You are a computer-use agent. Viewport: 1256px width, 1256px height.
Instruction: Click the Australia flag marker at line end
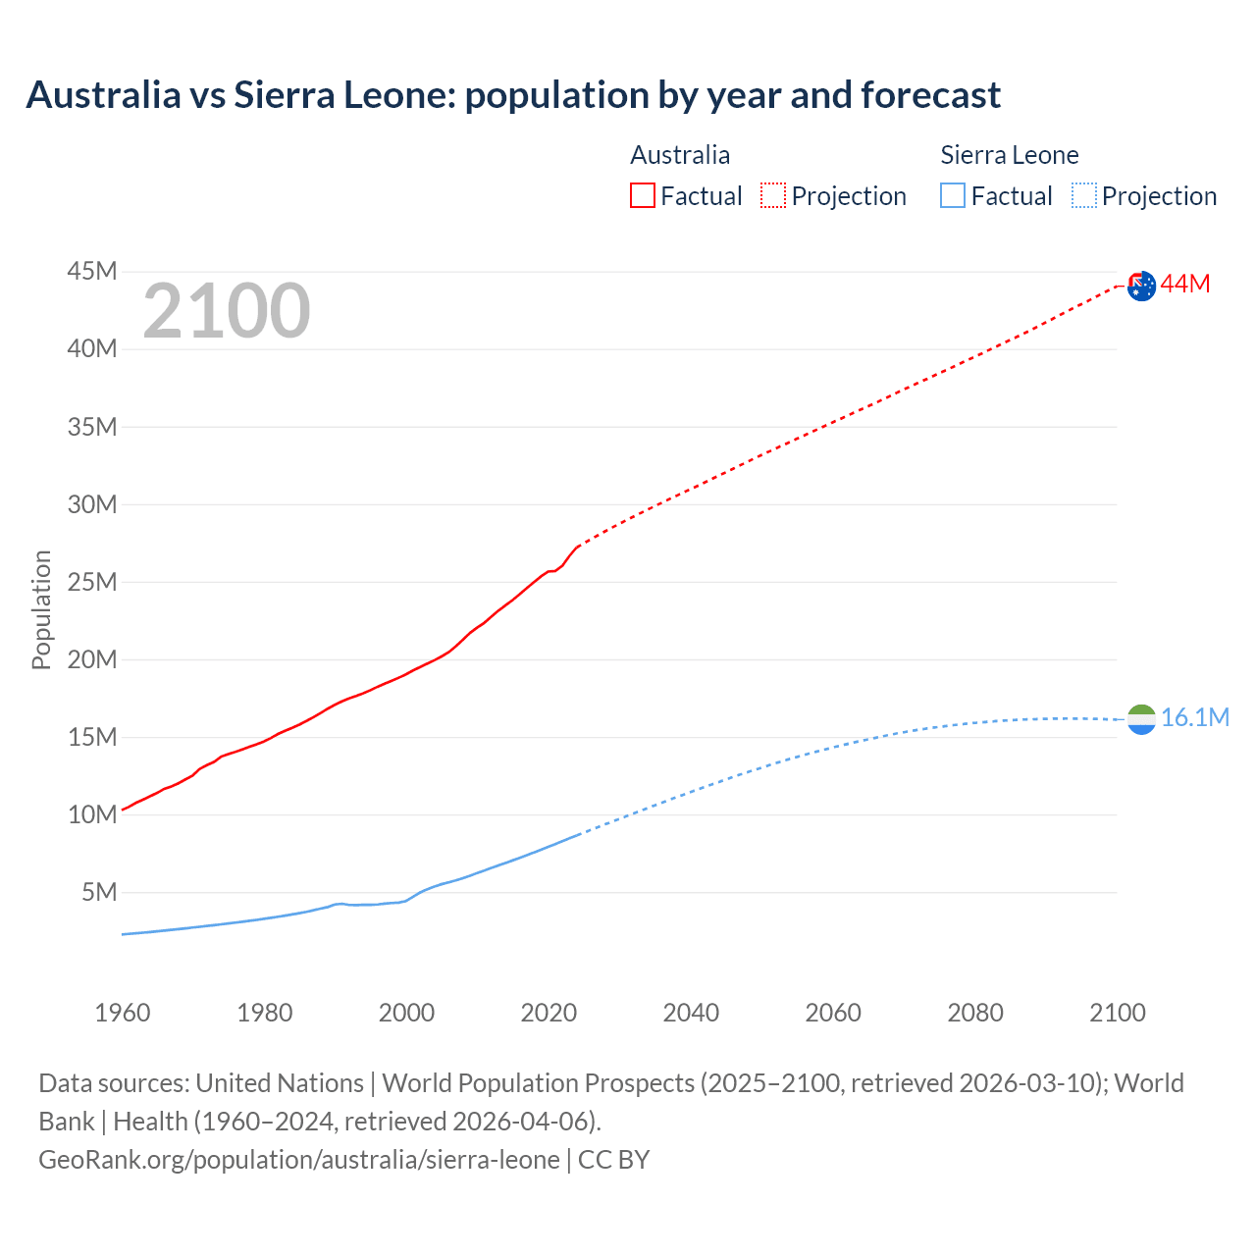point(1141,286)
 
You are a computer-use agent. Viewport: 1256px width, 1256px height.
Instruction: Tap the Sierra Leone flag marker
point(1141,719)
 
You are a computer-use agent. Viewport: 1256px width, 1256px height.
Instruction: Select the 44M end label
point(1185,285)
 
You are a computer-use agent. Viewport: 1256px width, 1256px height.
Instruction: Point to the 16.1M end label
point(1195,718)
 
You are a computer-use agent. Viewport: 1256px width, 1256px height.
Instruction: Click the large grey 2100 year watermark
point(227,312)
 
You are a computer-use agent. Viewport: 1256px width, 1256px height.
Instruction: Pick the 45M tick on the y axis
point(92,272)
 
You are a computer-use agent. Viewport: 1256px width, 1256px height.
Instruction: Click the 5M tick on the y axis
point(99,893)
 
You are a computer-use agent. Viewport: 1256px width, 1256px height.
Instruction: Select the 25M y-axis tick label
point(92,583)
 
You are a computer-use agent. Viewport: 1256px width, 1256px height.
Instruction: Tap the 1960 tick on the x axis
point(123,1013)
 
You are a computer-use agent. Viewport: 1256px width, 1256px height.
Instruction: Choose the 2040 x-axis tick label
point(691,1013)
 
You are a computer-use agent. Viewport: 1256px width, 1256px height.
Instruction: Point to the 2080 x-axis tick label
point(975,1013)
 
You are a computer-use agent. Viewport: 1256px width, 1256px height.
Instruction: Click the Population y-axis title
point(41,609)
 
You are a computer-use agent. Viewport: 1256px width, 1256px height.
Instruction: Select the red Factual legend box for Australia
point(643,196)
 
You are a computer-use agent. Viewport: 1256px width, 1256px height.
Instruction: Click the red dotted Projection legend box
point(773,196)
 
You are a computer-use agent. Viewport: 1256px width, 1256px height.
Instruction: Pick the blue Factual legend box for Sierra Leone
point(953,196)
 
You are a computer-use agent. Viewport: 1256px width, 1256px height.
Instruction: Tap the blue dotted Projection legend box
point(1084,196)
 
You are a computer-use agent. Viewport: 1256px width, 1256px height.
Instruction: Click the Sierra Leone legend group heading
point(1009,155)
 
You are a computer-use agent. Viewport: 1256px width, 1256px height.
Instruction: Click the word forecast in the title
point(931,95)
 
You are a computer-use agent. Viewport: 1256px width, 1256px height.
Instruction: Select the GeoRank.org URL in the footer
point(299,1160)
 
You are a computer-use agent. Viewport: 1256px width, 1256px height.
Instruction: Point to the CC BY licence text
point(614,1160)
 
